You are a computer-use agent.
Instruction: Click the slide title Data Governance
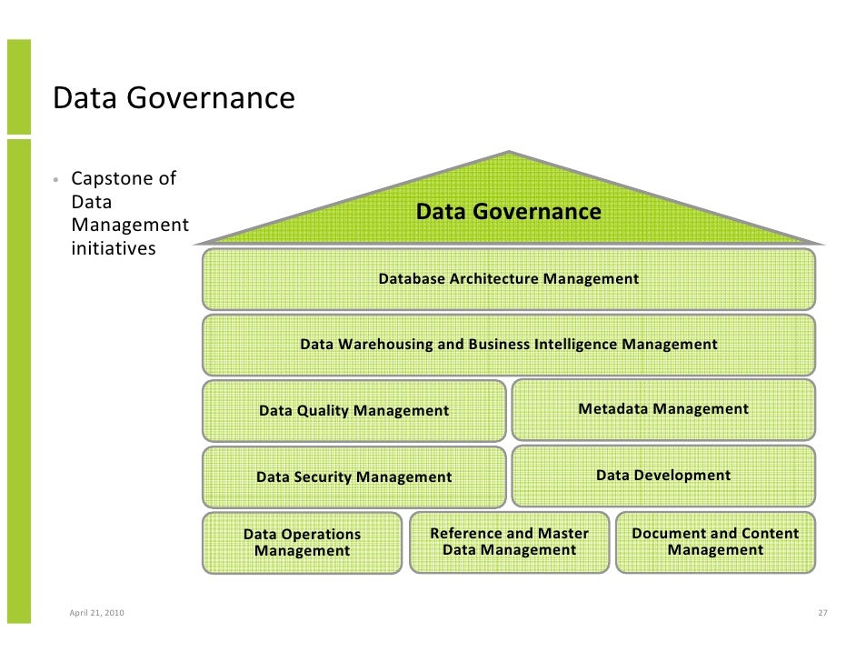click(x=174, y=98)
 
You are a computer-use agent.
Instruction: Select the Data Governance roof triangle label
click(x=508, y=212)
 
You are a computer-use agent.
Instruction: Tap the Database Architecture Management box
click(x=508, y=279)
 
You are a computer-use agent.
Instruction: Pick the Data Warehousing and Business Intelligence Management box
click(x=508, y=345)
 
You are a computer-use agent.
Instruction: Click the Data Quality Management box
click(x=353, y=411)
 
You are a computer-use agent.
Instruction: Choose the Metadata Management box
click(x=663, y=409)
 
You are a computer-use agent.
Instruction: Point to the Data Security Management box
click(x=353, y=476)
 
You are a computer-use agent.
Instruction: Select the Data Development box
click(x=663, y=475)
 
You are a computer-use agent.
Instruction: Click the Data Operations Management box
click(x=302, y=543)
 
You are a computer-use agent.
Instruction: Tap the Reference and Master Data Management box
click(x=509, y=542)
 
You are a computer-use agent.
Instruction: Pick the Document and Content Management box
click(x=715, y=542)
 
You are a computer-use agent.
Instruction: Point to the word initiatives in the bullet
click(x=114, y=248)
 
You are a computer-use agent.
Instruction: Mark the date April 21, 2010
click(x=97, y=613)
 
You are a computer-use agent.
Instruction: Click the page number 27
click(x=822, y=613)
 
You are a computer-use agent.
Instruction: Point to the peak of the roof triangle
click(x=509, y=153)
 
